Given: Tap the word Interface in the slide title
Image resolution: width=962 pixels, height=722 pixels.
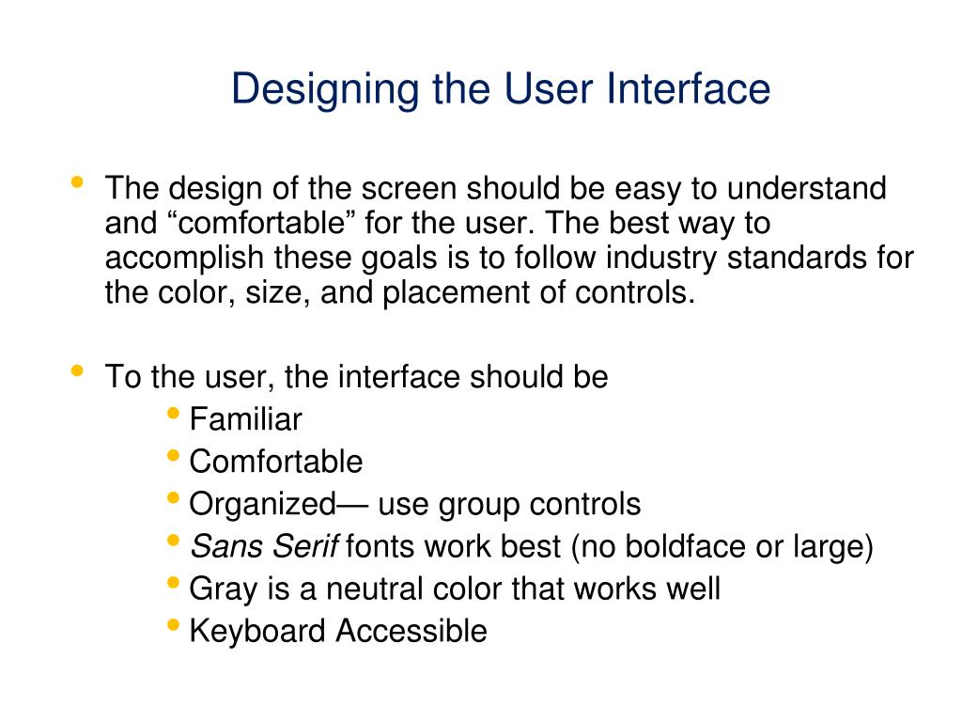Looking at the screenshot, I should pos(688,90).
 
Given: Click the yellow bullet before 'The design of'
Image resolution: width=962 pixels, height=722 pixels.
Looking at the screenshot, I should pos(77,182).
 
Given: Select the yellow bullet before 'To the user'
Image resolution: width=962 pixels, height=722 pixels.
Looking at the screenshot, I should pos(77,371).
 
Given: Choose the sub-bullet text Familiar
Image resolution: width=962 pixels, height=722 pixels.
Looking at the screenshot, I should pos(245,419).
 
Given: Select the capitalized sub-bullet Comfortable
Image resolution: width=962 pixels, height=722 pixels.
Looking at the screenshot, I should pos(275,462).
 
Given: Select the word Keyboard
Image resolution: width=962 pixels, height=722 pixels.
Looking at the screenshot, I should pos(258,631).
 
